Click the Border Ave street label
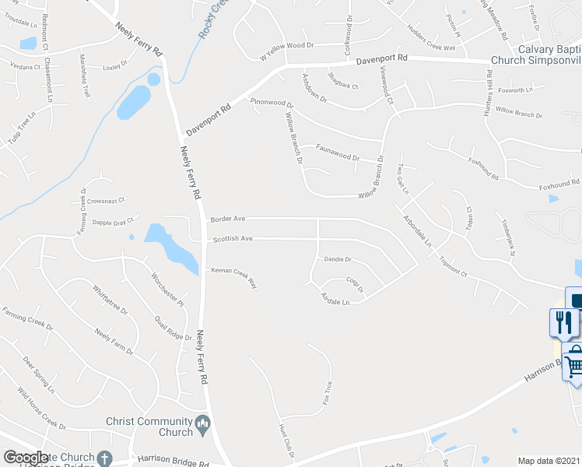[x=228, y=219]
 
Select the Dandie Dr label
[x=338, y=259]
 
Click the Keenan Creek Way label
[x=234, y=277]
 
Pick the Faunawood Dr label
[x=337, y=153]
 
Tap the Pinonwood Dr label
[x=272, y=103]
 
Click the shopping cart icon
[x=574, y=360]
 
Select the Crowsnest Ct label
[x=107, y=201]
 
